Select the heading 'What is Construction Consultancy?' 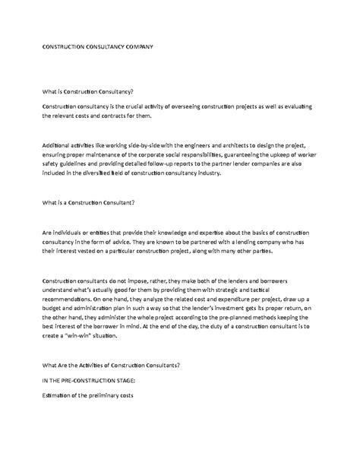pyautogui.click(x=87, y=91)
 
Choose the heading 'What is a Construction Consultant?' pyautogui.click(x=90, y=203)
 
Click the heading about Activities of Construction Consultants pyautogui.click(x=111, y=366)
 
